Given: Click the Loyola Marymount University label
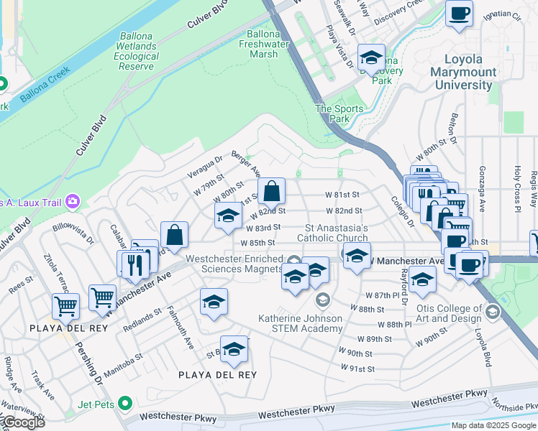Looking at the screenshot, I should [x=463, y=73].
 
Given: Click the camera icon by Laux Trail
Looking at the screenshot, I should [x=72, y=201].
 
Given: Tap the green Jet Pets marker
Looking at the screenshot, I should [x=126, y=404].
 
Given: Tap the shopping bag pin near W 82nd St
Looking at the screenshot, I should [x=271, y=192].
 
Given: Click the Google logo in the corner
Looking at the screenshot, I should [x=23, y=422].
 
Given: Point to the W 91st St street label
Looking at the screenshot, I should [x=357, y=369].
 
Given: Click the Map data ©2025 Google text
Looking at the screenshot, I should [x=493, y=425].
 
